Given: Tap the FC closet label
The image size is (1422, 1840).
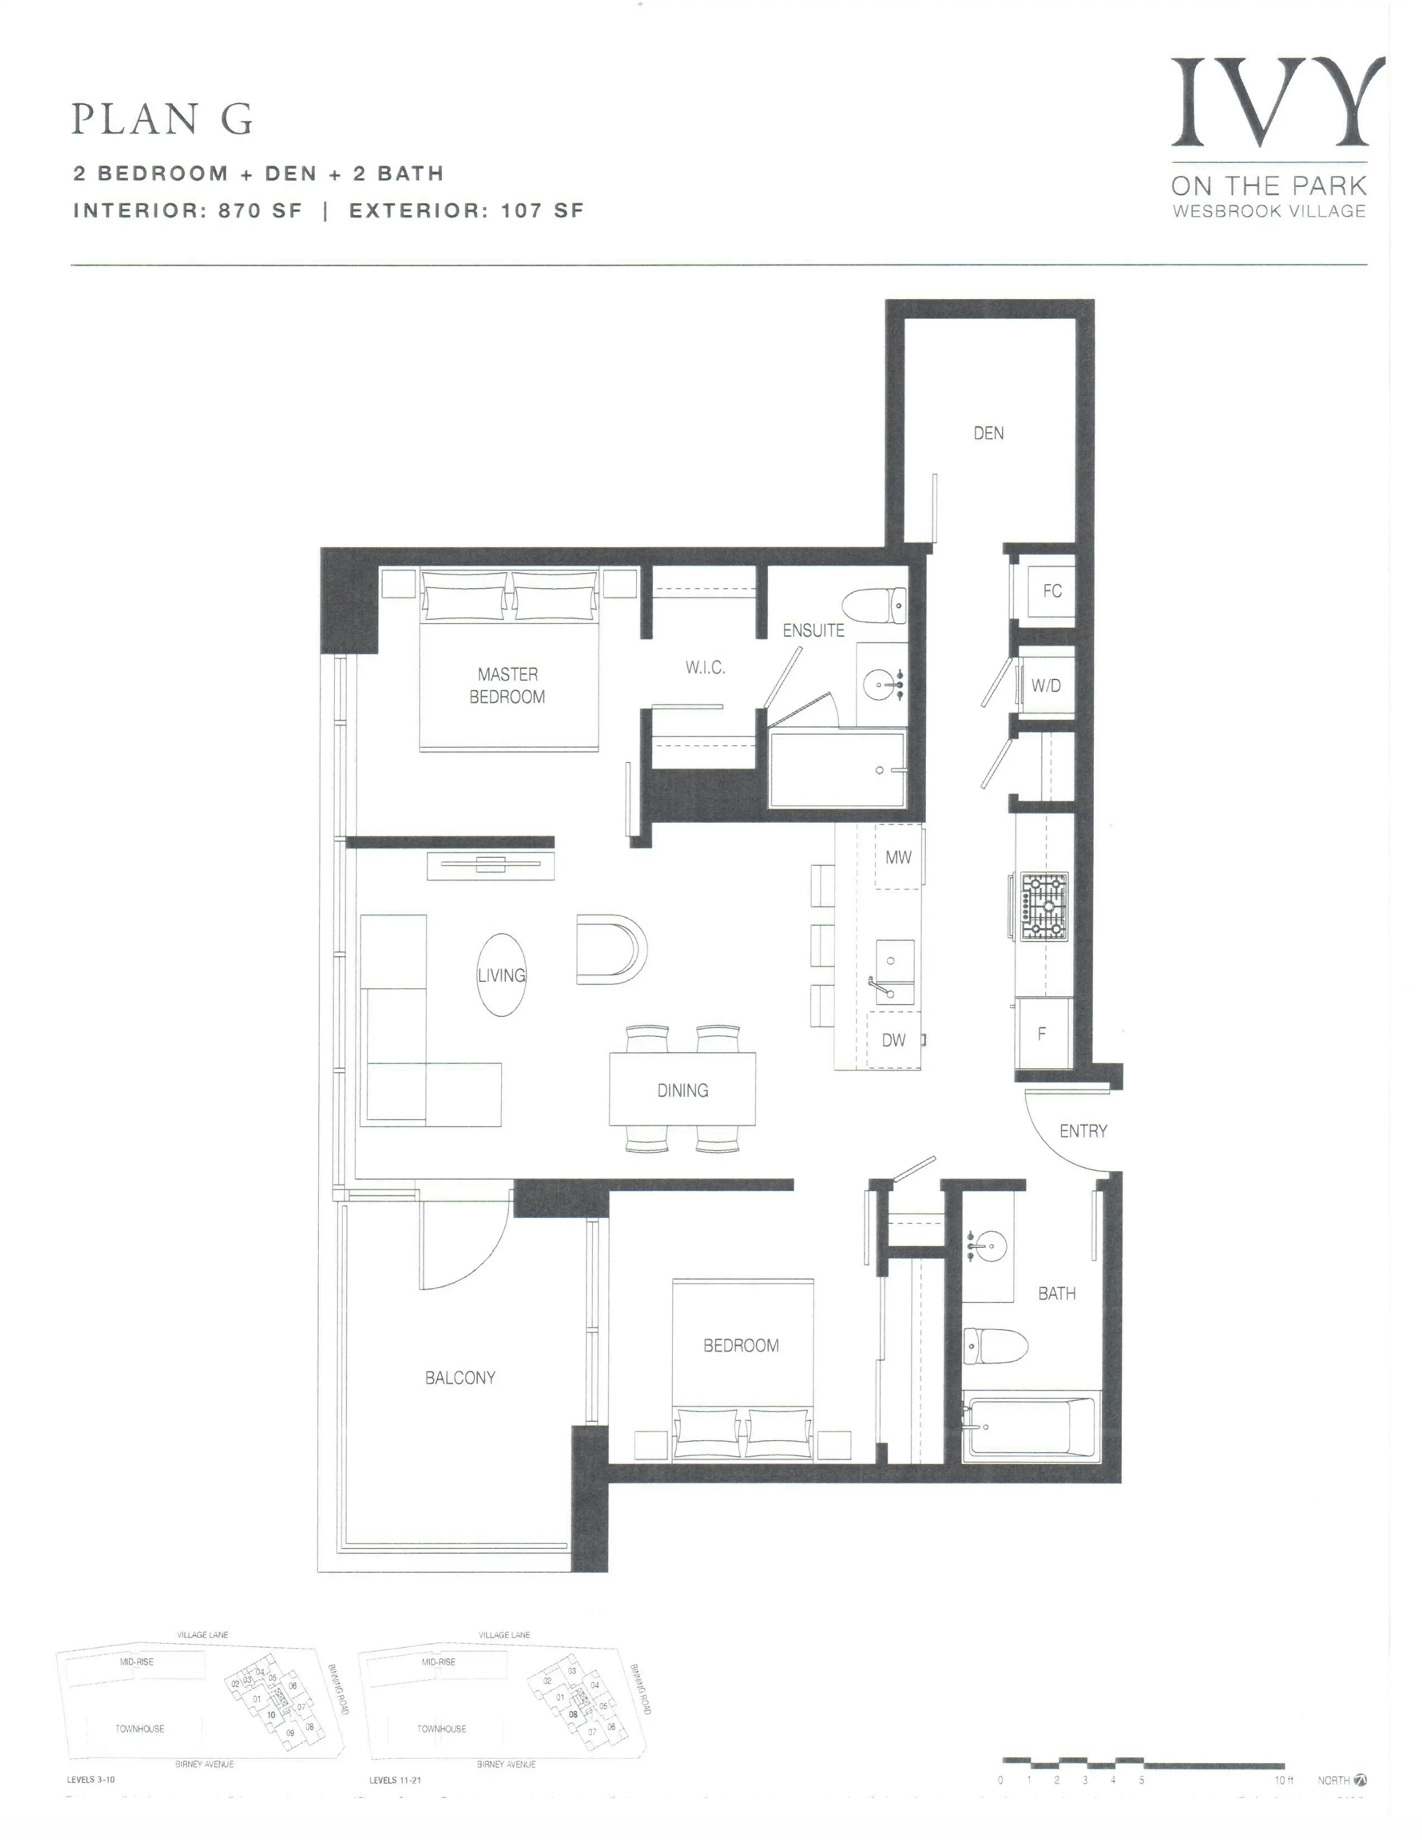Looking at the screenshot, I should pos(1052,591).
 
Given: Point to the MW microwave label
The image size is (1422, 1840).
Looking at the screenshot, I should pos(898,858).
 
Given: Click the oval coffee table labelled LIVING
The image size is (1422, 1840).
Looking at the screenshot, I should pos(501,975).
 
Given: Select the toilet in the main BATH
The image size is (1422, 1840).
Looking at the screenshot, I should pos(995,1345).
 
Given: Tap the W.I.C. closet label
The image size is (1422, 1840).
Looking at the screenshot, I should pos(705,667).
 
